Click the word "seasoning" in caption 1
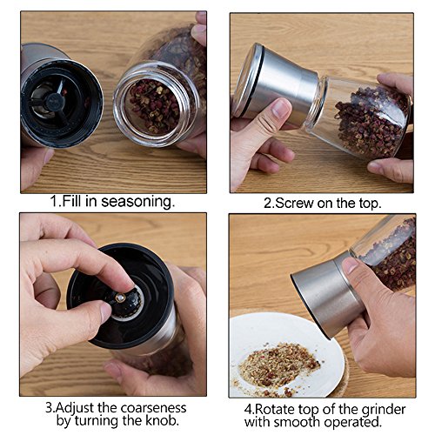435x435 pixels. point(137,202)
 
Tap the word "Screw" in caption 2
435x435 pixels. point(293,204)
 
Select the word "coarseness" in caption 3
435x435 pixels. point(153,408)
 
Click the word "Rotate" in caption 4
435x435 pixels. point(274,410)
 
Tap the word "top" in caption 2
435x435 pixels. point(368,204)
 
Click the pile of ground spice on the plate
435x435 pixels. point(278,366)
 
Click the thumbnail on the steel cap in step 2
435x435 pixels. point(280,107)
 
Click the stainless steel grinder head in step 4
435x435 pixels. point(328,296)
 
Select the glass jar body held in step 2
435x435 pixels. point(359,116)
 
